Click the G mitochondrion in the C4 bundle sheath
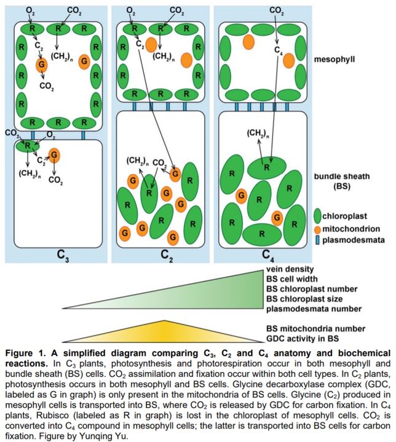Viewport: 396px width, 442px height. coord(278,217)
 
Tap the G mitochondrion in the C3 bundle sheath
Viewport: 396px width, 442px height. coord(55,154)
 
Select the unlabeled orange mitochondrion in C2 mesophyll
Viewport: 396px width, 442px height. coord(151,44)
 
